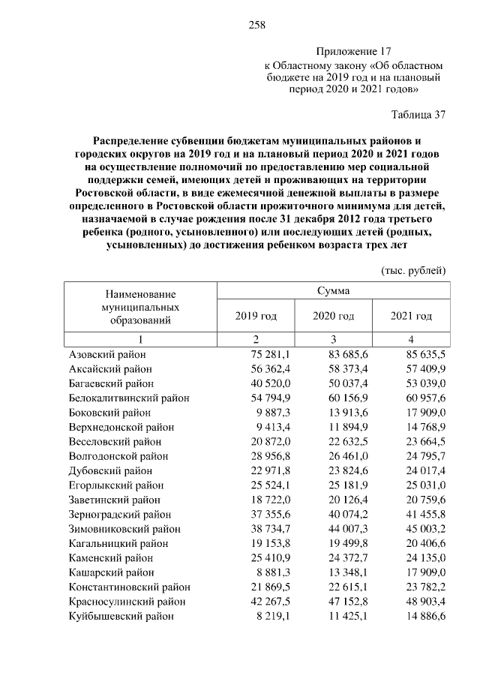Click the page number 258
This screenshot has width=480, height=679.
click(x=257, y=25)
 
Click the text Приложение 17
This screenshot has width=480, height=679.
click(x=354, y=52)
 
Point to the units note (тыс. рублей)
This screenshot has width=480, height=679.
click(x=414, y=269)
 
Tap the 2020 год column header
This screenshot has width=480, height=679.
click(x=333, y=316)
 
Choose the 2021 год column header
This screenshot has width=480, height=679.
click(x=411, y=316)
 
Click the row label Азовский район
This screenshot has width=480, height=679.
click(x=107, y=355)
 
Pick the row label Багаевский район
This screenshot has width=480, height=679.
click(x=111, y=383)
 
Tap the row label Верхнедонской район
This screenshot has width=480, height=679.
click(x=121, y=426)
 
